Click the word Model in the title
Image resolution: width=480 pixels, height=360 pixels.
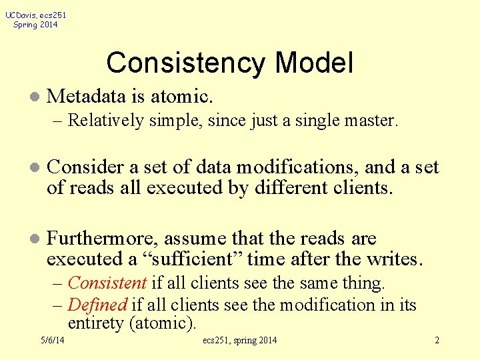point(314,63)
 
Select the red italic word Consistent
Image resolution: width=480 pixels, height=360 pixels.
point(108,283)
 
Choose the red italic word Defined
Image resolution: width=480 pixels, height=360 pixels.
point(97,305)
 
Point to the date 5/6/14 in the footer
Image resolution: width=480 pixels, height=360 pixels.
point(52,341)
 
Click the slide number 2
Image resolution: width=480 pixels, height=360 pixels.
point(437,341)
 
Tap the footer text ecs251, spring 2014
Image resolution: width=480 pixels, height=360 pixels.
point(239,341)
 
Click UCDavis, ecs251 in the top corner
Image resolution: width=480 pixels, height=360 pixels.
point(35,15)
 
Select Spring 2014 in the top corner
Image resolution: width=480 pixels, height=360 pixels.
point(35,25)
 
